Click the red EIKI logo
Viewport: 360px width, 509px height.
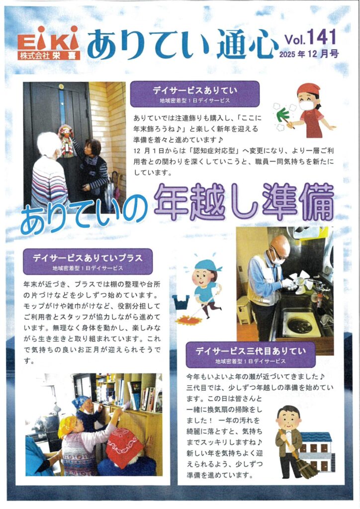pos(48,43)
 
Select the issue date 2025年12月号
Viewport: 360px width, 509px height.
pos(309,54)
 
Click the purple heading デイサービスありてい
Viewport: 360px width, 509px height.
pos(195,90)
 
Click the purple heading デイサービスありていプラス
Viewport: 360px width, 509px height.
pos(88,258)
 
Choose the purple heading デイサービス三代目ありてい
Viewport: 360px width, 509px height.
pos(251,351)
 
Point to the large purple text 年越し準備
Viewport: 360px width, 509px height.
pos(244,202)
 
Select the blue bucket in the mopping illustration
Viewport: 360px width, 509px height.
pos(181,302)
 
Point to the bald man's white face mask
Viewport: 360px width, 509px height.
pos(278,259)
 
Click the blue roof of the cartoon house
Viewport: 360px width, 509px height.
pos(316,437)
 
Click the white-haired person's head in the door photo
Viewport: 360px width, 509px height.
pos(49,144)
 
